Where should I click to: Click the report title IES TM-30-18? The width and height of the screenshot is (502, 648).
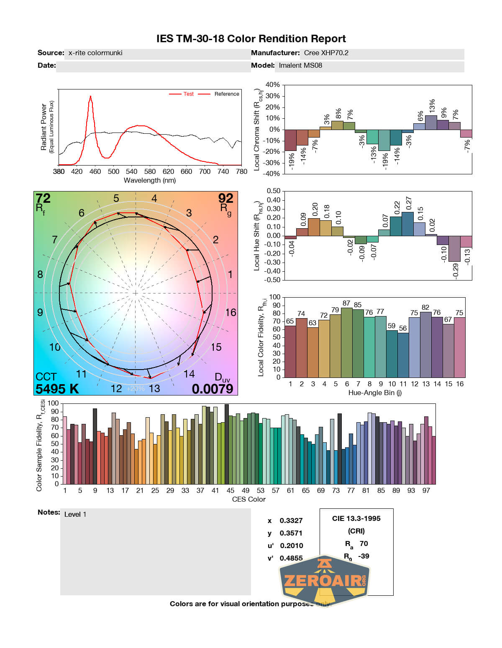(251, 39)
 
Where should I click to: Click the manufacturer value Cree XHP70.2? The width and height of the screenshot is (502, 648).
(326, 53)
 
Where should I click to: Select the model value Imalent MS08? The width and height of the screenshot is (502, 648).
(300, 66)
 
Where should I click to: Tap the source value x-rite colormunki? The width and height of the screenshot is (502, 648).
(95, 53)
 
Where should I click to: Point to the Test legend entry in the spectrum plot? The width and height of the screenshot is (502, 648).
(188, 94)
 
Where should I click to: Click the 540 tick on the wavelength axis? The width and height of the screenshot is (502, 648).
(131, 171)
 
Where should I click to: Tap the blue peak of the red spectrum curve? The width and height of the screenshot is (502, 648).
(90, 97)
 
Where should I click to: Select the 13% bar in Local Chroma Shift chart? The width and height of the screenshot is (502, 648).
(431, 122)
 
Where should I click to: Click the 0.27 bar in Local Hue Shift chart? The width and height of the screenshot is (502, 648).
(407, 224)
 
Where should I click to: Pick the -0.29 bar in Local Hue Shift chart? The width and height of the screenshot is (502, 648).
(454, 249)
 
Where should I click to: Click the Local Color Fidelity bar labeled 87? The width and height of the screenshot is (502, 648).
(347, 342)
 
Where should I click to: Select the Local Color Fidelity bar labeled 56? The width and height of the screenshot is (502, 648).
(403, 355)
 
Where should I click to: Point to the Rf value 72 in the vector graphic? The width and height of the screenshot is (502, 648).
(43, 198)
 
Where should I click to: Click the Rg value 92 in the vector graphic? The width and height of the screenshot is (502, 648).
(225, 198)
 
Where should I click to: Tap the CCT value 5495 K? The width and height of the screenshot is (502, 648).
(57, 389)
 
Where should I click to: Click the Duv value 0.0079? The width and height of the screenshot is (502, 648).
(213, 389)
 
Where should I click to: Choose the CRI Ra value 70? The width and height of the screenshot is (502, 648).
(364, 543)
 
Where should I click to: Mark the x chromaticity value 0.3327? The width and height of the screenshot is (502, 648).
(291, 520)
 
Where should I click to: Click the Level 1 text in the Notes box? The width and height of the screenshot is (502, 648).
(75, 515)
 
